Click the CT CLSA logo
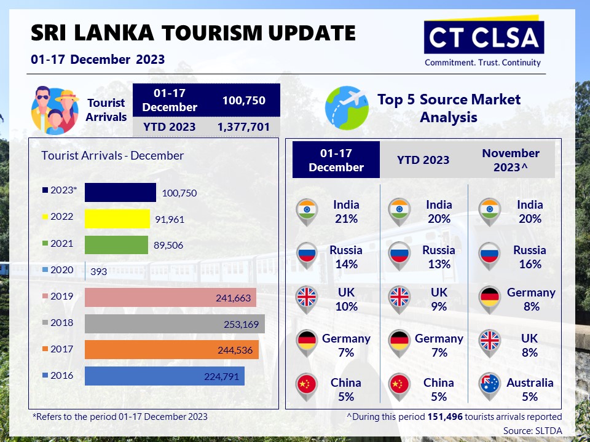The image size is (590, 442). point(484,41)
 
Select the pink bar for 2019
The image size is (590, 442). point(170,297)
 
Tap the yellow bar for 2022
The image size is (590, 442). point(117,219)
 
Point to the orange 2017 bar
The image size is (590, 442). point(171,350)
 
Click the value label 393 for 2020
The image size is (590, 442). point(98,271)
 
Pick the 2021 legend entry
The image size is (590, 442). point(58,244)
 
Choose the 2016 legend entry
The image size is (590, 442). point(58,376)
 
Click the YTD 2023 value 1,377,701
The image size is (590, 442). point(243,126)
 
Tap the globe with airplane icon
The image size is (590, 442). point(347,108)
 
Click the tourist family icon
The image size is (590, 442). point(55,110)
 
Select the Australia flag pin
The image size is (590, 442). point(490,386)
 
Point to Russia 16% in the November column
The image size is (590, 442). point(530,257)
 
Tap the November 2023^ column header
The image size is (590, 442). point(511,160)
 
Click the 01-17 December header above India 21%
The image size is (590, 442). point(336,160)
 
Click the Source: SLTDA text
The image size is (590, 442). point(533,430)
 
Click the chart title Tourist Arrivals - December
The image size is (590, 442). point(112,155)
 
